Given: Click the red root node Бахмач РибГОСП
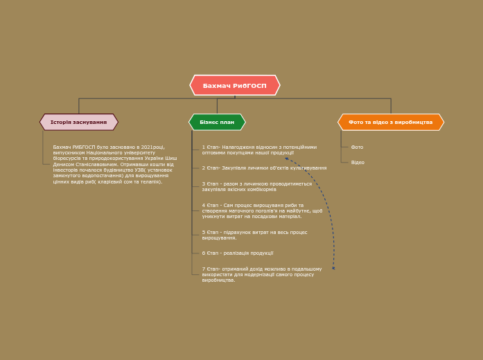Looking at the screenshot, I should tap(234, 85).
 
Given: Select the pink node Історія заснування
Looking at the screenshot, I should tap(78, 122).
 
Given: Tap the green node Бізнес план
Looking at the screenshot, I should tap(217, 122).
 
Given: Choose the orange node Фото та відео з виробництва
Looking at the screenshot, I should tap(390, 122).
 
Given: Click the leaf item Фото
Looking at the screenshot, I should tap(357, 147).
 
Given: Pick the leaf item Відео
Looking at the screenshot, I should tap(358, 163).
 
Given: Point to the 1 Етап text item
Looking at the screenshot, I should tap(258, 150).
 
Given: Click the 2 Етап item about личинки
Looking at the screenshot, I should tap(264, 168).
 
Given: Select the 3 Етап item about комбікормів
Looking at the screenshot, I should tap(256, 186).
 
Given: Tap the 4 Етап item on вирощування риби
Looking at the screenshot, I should tap(261, 210).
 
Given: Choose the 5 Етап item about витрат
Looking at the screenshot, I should tap(254, 235).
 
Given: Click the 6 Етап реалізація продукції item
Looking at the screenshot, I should tap(238, 253).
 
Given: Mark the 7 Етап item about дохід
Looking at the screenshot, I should tap(261, 274).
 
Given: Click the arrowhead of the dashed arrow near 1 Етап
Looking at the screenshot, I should tap(286, 159).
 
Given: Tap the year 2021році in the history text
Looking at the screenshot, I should tap(152, 147).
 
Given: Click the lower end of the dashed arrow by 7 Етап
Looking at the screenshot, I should tap(333, 268).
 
